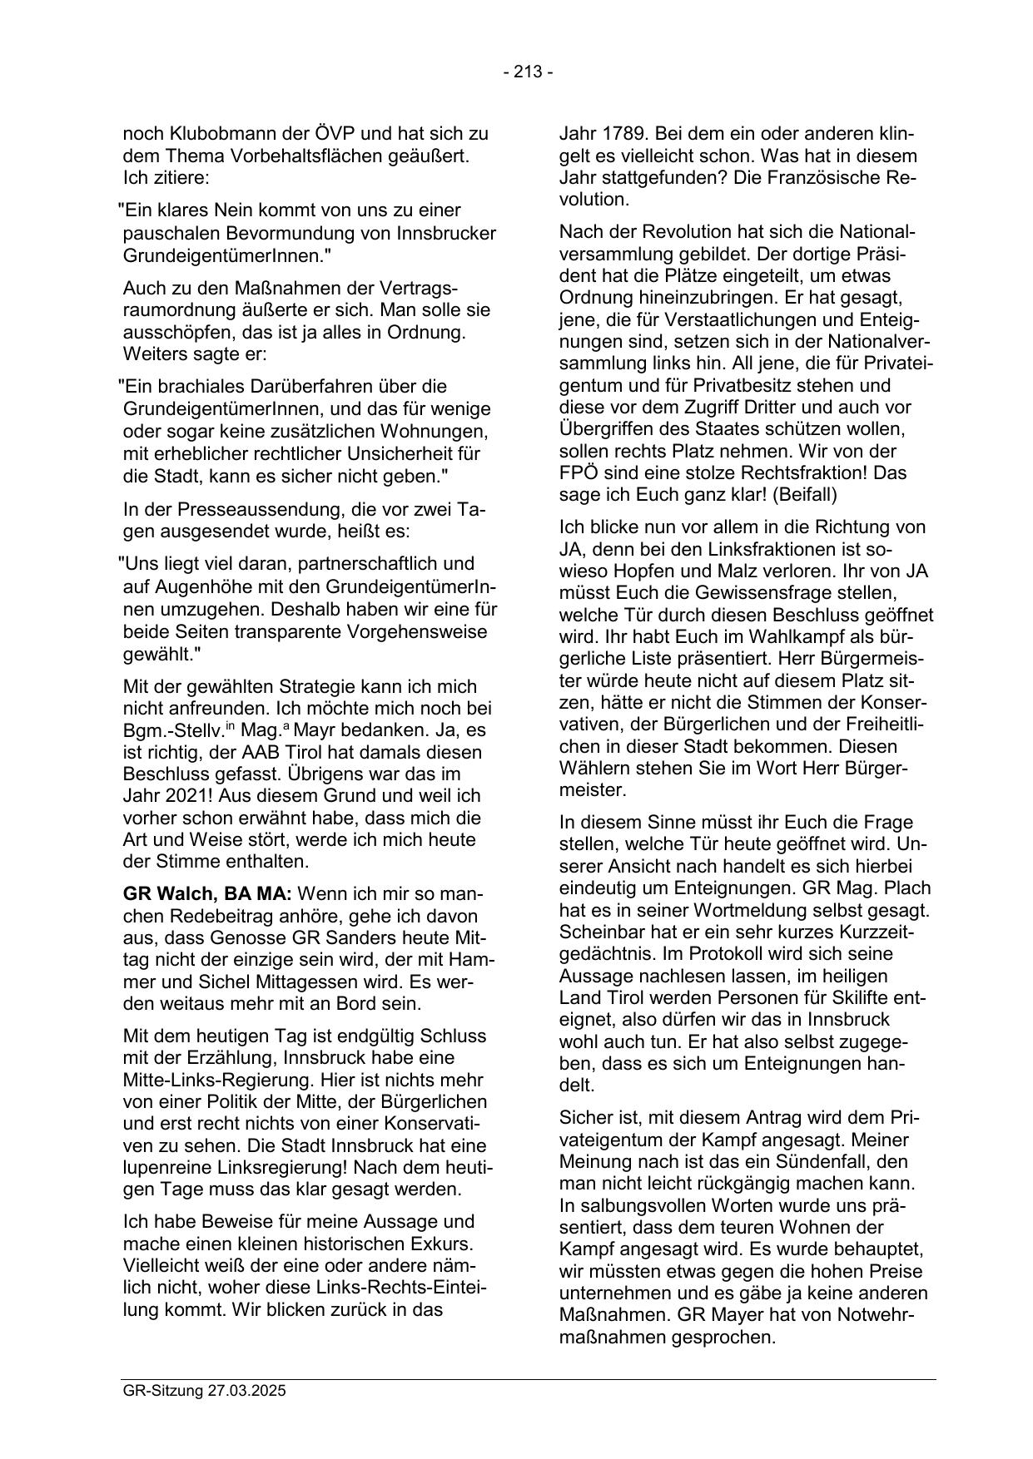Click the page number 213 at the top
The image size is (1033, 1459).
click(528, 72)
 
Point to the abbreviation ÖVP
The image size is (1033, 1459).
click(342, 134)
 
